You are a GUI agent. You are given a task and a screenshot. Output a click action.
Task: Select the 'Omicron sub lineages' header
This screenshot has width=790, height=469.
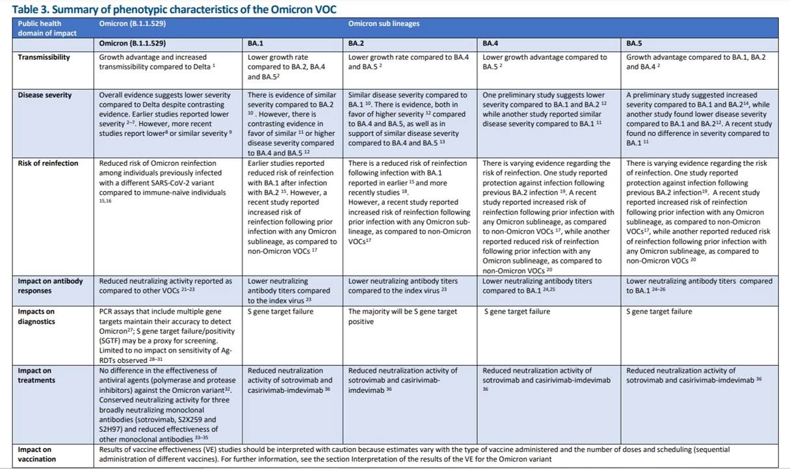pos(384,24)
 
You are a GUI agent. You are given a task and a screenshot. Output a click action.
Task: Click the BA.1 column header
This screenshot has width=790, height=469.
pos(256,44)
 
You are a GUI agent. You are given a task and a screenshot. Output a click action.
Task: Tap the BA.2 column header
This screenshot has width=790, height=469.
pos(356,44)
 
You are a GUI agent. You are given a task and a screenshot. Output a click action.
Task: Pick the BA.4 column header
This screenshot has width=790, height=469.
pos(490,44)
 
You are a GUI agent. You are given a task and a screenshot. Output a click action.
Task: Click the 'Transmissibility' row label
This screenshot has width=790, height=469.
pos(44,57)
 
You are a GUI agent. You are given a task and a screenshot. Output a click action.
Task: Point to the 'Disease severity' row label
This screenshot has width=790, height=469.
pos(45,95)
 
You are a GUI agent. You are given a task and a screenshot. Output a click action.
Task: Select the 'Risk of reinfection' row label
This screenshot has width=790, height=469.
pos(47,163)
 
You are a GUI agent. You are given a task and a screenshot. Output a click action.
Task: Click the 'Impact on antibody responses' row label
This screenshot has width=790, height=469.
pos(50,286)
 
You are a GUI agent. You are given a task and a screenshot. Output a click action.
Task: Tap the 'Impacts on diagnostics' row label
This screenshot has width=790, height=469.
pos(36,316)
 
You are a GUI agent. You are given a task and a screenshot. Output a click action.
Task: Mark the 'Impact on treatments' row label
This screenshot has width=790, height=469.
pos(36,375)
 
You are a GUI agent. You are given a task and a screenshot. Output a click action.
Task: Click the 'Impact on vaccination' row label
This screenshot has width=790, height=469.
pos(37,454)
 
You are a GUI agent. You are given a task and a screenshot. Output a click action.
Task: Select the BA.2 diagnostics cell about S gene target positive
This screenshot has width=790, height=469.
pos(402,316)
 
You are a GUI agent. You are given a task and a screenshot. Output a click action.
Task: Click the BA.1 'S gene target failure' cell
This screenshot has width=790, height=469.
pos(280,312)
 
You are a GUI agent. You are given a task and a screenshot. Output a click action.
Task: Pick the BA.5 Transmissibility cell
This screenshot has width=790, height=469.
pos(696,62)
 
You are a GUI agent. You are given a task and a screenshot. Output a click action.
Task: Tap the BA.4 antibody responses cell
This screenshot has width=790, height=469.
pos(537,286)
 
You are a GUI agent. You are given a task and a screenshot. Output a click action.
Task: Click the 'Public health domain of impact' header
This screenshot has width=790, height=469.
pos(47,28)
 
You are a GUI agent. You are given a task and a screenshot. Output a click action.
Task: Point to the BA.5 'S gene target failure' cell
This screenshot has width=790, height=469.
pos(659,312)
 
